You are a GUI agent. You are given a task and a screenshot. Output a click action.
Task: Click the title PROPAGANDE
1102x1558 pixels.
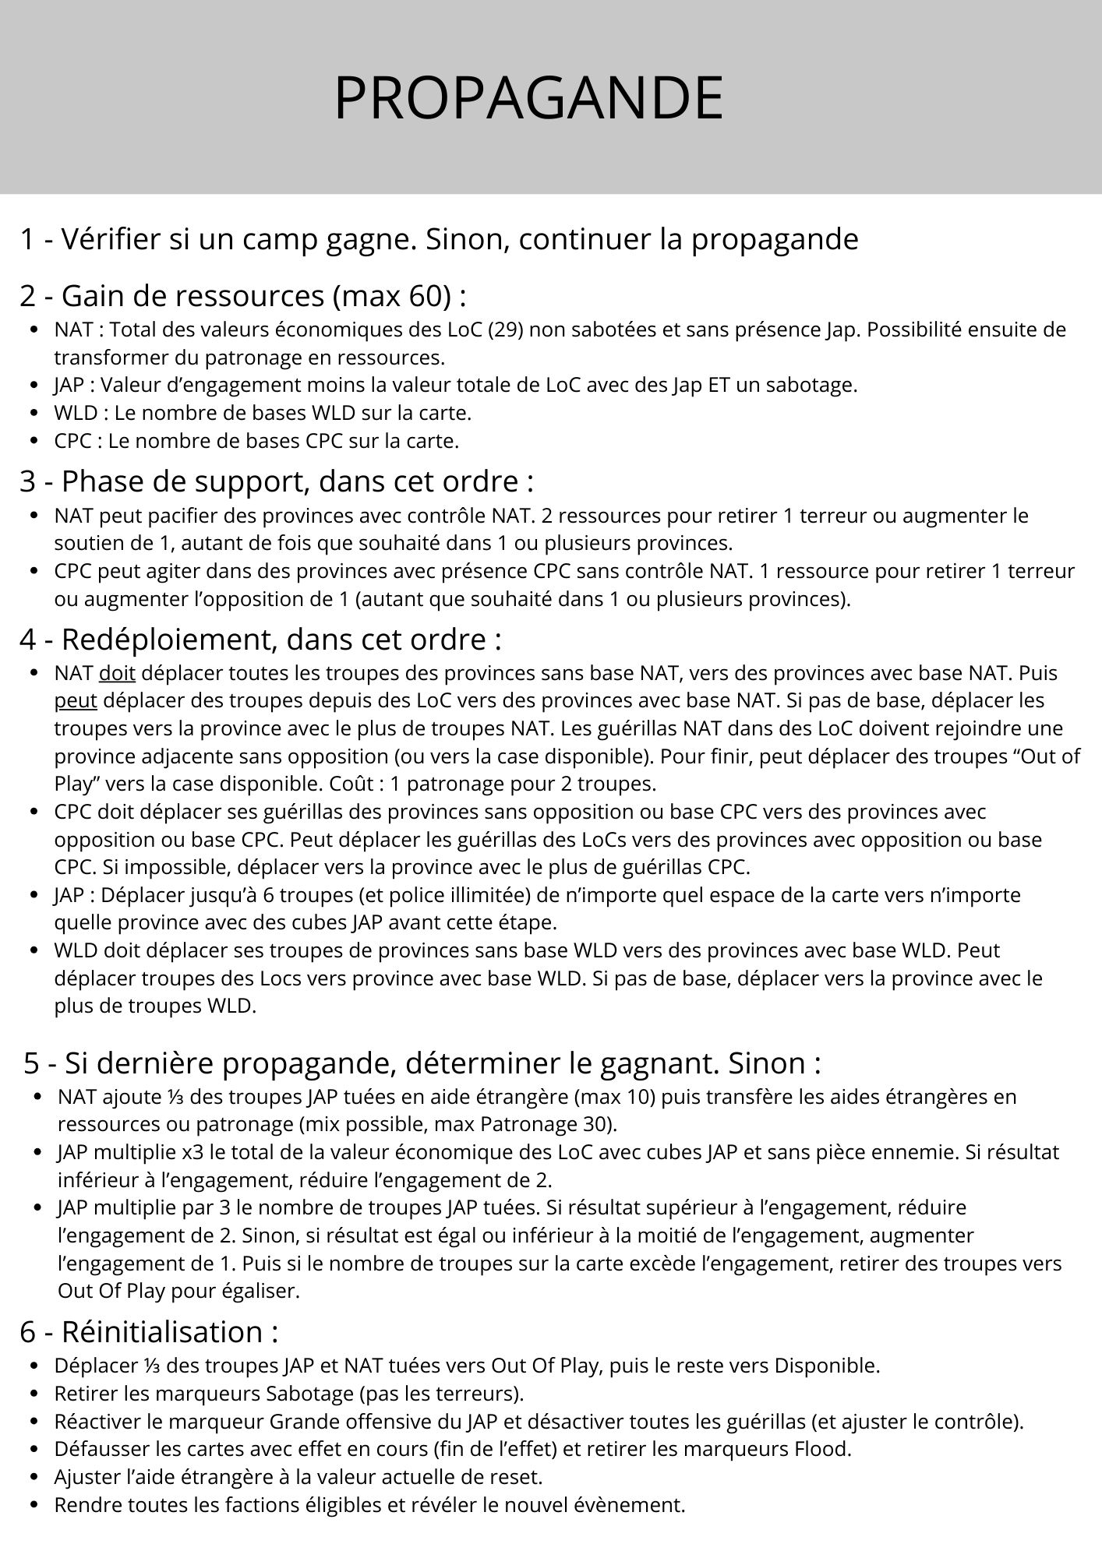click(528, 98)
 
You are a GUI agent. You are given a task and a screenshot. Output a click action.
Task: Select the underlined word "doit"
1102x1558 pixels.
click(117, 673)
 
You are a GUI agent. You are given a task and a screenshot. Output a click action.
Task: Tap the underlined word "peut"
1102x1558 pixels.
click(76, 701)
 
